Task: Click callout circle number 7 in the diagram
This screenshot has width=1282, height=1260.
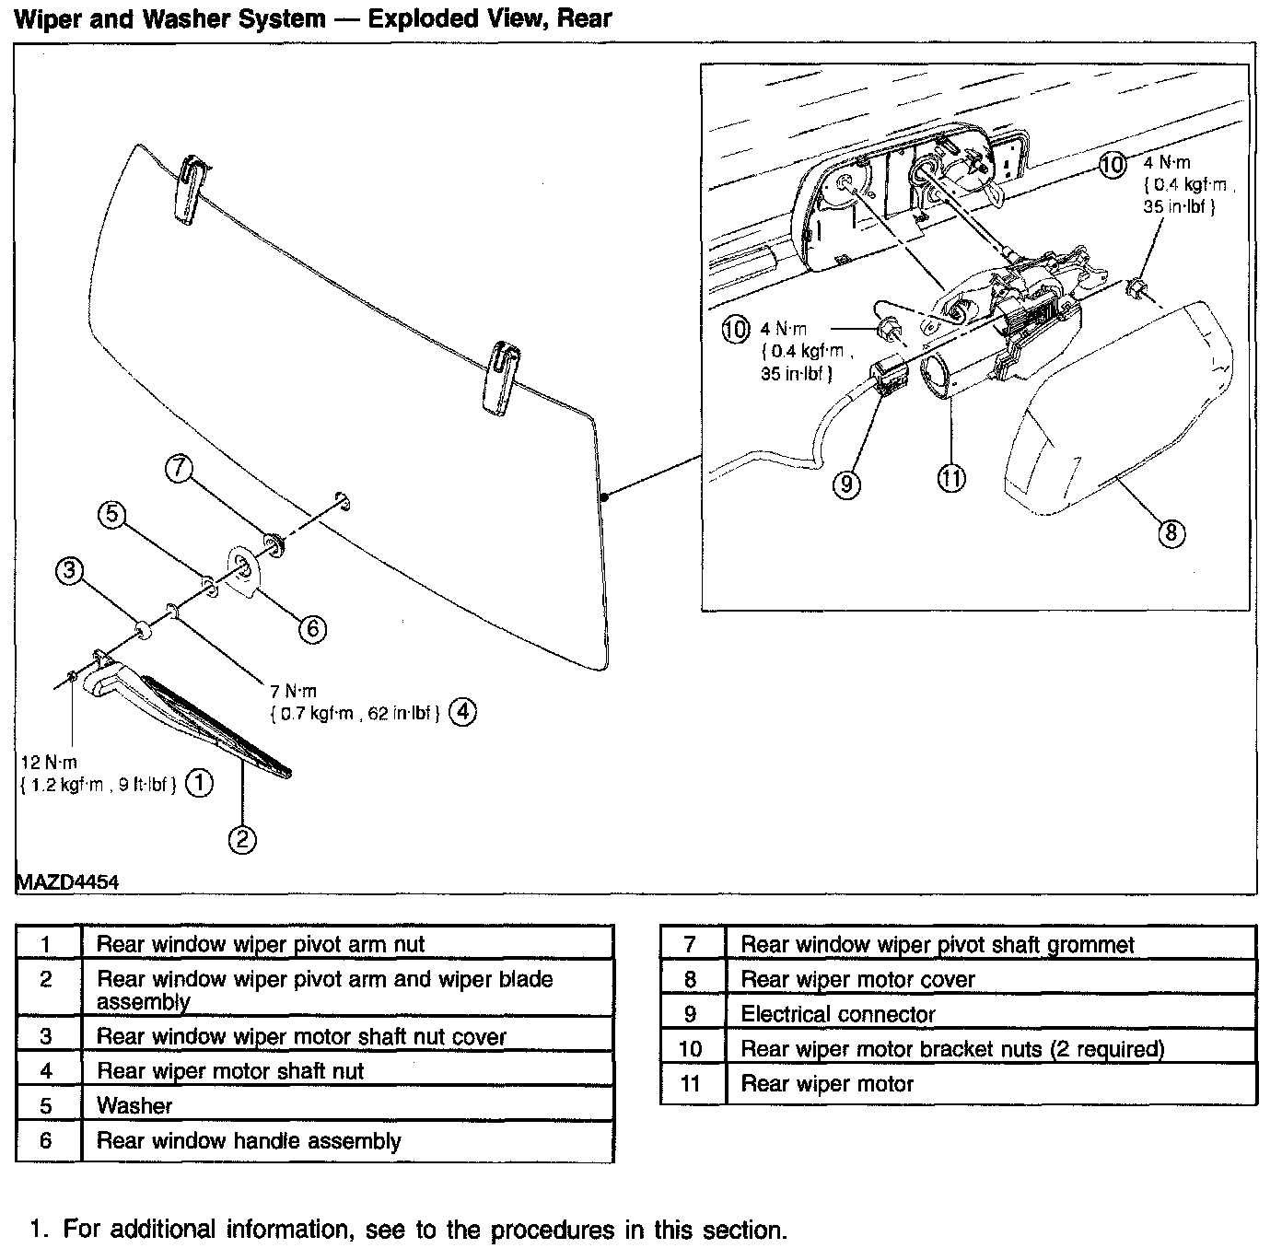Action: tap(178, 469)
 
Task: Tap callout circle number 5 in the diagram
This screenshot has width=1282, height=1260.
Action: tap(111, 515)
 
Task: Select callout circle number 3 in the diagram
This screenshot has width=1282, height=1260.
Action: tap(69, 571)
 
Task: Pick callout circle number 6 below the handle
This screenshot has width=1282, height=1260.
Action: tap(312, 628)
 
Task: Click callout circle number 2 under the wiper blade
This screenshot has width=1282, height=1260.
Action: tap(242, 839)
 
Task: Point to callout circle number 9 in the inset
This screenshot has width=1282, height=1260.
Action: tap(846, 484)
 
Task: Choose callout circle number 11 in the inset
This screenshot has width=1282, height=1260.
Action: tap(951, 477)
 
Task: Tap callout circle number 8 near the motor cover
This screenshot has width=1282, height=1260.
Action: tap(1171, 532)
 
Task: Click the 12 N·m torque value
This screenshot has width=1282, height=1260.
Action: tap(49, 763)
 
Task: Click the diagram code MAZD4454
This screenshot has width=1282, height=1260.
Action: tap(67, 881)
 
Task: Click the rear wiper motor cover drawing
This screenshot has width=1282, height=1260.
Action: tap(1124, 405)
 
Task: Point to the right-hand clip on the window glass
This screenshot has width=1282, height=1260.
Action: tap(503, 374)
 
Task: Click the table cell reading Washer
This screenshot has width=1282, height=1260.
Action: tap(134, 1105)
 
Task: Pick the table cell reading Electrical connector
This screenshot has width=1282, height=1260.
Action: tap(838, 1014)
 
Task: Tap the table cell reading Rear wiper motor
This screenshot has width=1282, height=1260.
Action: tap(827, 1084)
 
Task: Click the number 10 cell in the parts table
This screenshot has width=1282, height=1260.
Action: tap(690, 1049)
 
